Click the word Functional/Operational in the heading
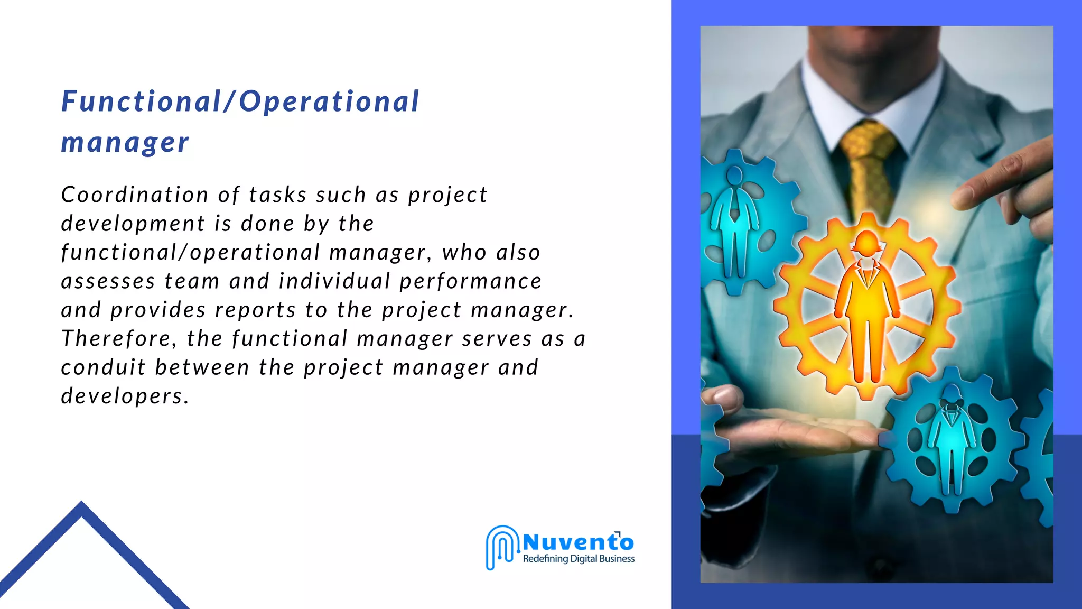point(240,101)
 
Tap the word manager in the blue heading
point(125,143)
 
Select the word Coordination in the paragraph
point(135,195)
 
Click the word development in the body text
point(133,224)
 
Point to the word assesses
point(108,281)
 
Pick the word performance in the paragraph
point(470,281)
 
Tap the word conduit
point(103,367)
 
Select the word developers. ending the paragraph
point(125,396)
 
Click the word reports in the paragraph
point(255,310)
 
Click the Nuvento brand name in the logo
point(578,542)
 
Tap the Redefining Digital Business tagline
point(579,559)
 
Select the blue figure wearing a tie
point(734,222)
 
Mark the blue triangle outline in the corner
point(82,555)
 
